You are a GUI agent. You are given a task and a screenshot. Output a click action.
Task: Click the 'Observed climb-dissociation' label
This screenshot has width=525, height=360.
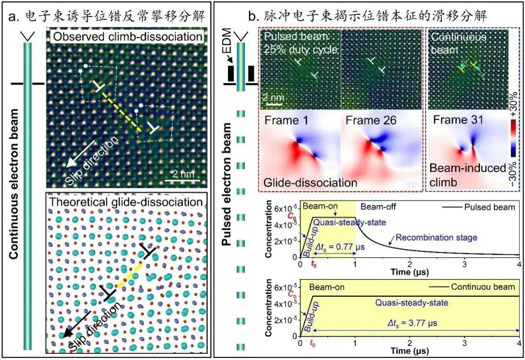pyautogui.click(x=128, y=36)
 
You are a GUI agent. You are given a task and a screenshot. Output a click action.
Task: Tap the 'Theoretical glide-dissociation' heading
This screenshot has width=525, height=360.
pyautogui.click(x=126, y=202)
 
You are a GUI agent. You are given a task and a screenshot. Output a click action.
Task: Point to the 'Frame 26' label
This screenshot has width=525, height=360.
pyautogui.click(x=371, y=120)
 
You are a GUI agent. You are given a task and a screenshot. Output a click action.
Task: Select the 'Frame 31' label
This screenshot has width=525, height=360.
pyautogui.click(x=458, y=120)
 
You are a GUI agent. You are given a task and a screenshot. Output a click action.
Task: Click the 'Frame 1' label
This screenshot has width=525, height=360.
pyautogui.click(x=286, y=120)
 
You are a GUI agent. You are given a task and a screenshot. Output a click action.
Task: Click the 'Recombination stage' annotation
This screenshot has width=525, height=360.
pyautogui.click(x=436, y=238)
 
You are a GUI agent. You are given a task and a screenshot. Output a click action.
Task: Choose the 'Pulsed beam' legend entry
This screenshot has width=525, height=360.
pyautogui.click(x=479, y=207)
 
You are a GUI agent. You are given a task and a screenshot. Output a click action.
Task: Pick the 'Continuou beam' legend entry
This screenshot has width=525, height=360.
pyautogui.click(x=472, y=287)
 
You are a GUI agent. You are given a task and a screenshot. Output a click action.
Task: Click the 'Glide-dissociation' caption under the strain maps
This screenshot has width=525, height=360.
pyautogui.click(x=310, y=183)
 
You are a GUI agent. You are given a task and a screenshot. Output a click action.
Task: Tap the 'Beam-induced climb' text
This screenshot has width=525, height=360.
pyautogui.click(x=468, y=175)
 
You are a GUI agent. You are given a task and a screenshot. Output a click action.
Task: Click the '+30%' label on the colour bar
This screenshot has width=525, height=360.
pyautogui.click(x=513, y=104)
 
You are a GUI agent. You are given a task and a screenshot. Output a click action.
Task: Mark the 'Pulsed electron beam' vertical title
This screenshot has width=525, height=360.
pyautogui.click(x=227, y=184)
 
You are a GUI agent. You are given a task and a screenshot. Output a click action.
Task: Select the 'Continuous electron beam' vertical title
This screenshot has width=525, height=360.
pyautogui.click(x=14, y=184)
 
